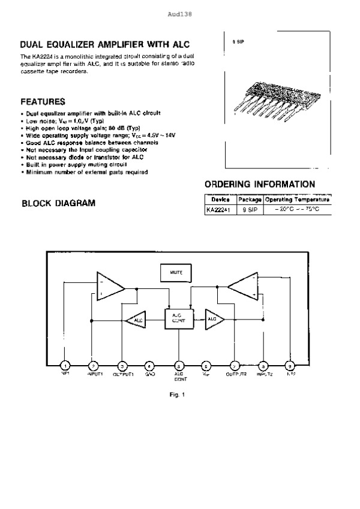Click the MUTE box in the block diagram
[176, 272]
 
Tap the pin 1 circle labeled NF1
[65, 365]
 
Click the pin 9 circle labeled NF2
[290, 365]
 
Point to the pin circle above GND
[150, 365]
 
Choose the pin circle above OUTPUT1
[122, 365]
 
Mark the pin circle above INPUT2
[263, 365]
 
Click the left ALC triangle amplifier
[136, 320]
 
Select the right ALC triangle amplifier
[214, 320]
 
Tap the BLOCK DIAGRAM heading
[58, 203]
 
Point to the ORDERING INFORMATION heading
[260, 184]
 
